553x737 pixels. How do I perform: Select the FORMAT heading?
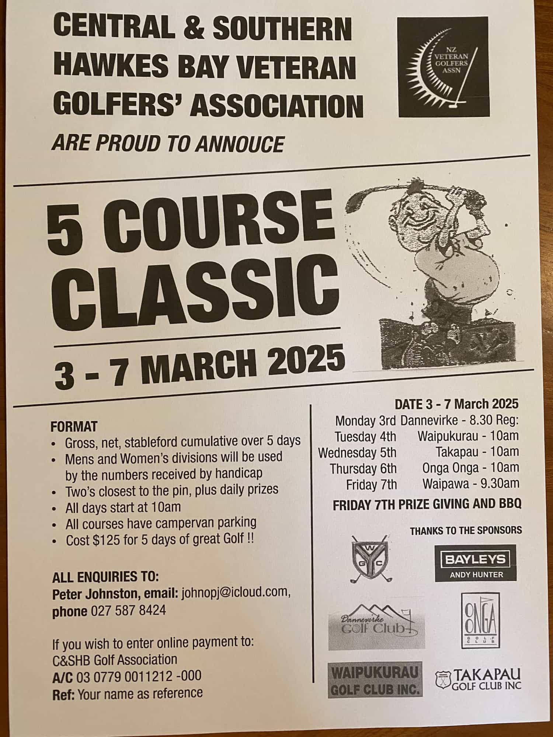(x=74, y=426)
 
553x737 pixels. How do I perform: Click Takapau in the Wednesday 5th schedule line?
(x=456, y=452)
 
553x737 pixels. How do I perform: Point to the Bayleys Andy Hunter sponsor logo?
(x=475, y=563)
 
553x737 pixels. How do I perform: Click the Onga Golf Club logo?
(x=481, y=620)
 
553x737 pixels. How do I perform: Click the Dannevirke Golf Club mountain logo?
(x=376, y=626)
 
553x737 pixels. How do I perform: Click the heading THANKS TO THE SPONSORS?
(x=466, y=530)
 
